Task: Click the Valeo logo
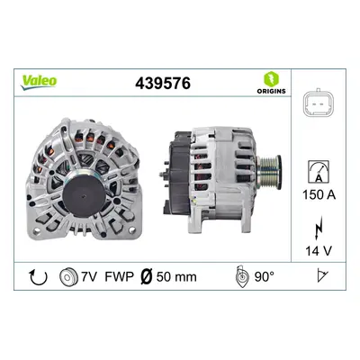coord(39,82)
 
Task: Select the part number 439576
coord(163,83)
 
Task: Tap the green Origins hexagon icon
coord(271,78)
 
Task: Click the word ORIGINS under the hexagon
coord(271,91)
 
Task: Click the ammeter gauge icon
coord(319,172)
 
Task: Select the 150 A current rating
coord(319,195)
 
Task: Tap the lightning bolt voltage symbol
coord(319,228)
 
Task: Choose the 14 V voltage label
coord(319,251)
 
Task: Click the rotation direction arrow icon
coord(39,276)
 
